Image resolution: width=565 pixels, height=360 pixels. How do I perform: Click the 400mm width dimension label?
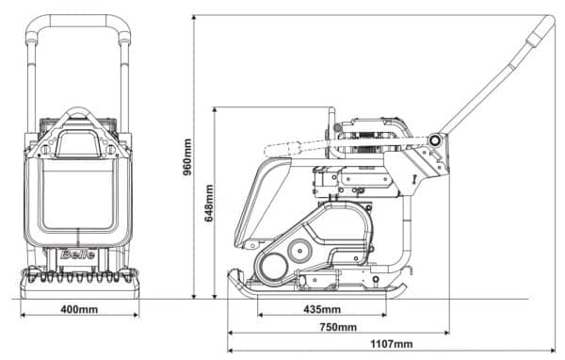tap(79, 308)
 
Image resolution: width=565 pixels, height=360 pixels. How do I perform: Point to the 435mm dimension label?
tap(323, 308)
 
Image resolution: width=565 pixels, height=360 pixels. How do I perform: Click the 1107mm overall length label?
tap(392, 344)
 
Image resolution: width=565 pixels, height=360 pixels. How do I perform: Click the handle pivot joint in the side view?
tap(434, 140)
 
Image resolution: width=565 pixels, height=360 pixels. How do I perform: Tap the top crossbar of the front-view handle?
tap(78, 19)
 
